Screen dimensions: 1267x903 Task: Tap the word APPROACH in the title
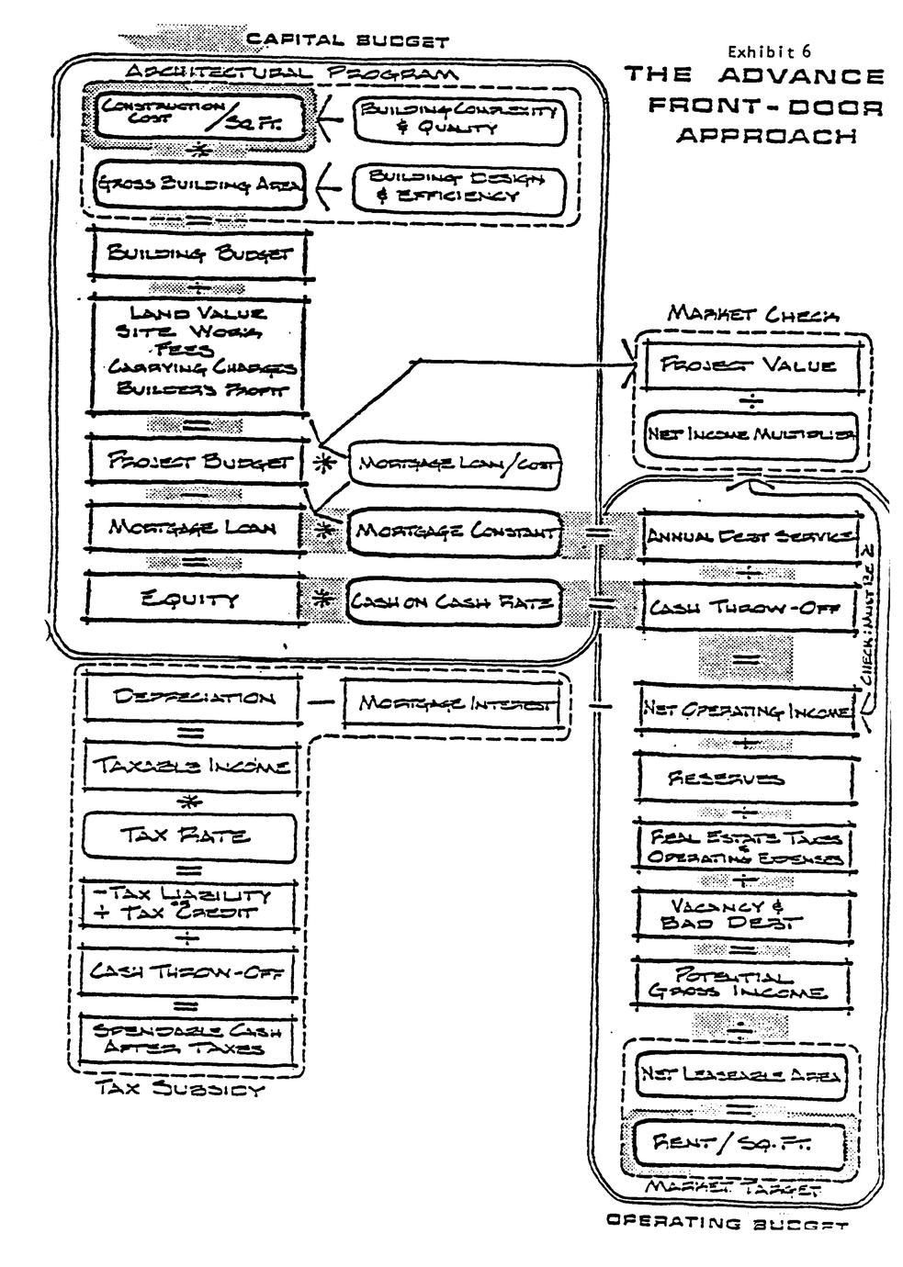click(766, 135)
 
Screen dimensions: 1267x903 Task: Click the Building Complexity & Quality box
click(458, 118)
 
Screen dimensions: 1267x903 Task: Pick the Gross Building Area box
click(197, 185)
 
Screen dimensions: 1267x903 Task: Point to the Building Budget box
click(198, 253)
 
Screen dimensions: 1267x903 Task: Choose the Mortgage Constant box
click(454, 531)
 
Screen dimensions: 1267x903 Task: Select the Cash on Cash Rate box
click(454, 602)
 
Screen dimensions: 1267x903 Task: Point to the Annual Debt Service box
click(750, 536)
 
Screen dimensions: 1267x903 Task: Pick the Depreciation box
click(194, 699)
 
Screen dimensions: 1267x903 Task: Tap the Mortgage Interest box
click(454, 704)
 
